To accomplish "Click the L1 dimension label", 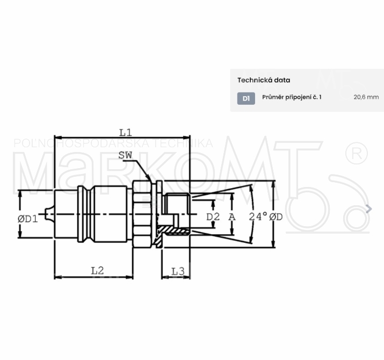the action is (126, 133).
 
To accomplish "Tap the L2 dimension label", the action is (97, 271).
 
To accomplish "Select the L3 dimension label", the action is (178, 271).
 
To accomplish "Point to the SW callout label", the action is (125, 155).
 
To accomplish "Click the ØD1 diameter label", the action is (28, 219).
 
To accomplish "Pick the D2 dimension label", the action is (213, 217).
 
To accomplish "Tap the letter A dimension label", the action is (232, 217).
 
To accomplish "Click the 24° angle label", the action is (258, 217).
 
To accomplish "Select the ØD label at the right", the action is (276, 217).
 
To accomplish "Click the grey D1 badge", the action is (246, 98).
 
